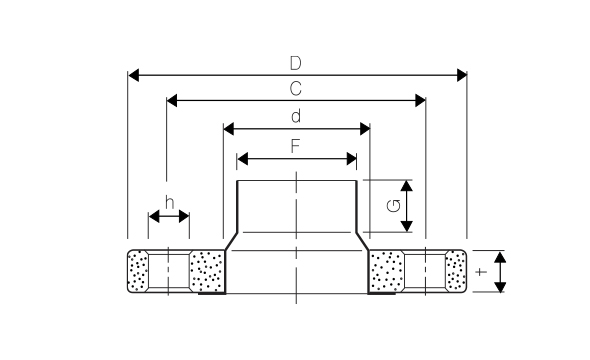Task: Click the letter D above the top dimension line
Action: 297,62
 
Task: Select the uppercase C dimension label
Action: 296,88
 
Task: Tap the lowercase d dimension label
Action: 296,116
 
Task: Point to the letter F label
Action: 296,145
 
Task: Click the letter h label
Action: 169,203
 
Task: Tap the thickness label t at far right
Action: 481,272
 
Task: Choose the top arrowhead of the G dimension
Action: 408,186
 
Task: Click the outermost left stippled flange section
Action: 137,272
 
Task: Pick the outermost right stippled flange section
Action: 456,272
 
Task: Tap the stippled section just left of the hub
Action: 206,272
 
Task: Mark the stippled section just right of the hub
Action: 386,272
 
